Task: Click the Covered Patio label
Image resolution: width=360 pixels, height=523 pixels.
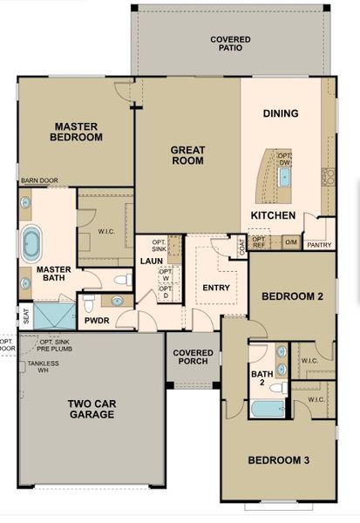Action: (x=230, y=44)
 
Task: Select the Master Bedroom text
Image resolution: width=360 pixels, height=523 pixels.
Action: (x=76, y=131)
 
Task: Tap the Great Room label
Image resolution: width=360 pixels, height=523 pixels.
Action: (x=187, y=154)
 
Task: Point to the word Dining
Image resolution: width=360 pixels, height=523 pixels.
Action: (x=281, y=113)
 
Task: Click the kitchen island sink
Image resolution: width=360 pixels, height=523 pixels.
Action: (x=284, y=178)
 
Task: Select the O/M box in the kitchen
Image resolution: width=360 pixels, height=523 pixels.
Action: (x=291, y=241)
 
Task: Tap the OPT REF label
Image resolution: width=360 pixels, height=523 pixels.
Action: (x=259, y=241)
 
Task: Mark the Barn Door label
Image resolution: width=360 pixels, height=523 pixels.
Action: (x=39, y=181)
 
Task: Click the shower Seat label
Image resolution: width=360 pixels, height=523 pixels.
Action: (x=25, y=316)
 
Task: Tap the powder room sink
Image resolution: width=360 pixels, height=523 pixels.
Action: (x=115, y=301)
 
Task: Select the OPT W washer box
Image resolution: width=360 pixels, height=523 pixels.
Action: (x=166, y=275)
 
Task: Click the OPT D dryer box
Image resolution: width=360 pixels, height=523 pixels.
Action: (x=166, y=295)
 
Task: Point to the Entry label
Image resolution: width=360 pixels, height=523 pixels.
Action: (x=215, y=288)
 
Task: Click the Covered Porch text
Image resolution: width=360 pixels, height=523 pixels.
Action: (x=193, y=358)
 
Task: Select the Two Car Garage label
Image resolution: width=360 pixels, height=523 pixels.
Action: (x=92, y=409)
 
